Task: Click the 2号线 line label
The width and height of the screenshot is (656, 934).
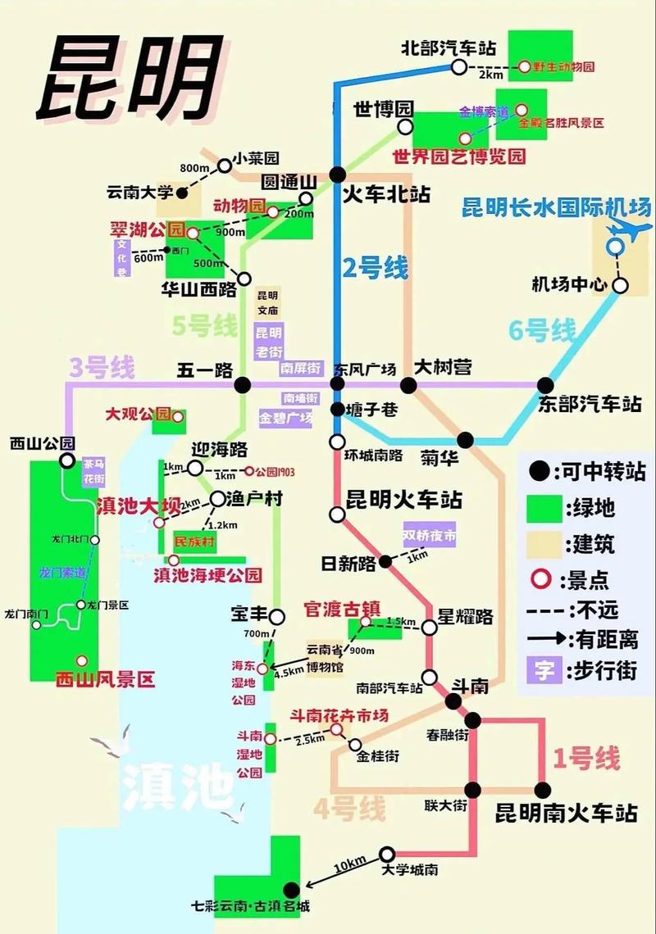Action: click(x=375, y=268)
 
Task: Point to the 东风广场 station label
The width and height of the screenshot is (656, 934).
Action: click(x=364, y=369)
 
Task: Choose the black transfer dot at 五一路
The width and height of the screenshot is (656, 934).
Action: click(x=242, y=384)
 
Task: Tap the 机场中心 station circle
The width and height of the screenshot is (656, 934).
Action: click(x=621, y=285)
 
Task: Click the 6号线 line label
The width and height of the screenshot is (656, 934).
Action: click(x=542, y=331)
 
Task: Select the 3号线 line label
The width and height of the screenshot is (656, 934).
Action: click(x=101, y=368)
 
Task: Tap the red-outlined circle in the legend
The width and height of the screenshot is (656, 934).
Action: click(x=540, y=579)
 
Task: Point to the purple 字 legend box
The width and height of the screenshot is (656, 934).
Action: click(x=541, y=669)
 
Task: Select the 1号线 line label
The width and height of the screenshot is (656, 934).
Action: click(x=586, y=759)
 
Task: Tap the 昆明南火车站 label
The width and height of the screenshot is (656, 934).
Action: click(x=567, y=814)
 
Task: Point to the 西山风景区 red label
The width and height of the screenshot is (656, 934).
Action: click(x=104, y=680)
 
